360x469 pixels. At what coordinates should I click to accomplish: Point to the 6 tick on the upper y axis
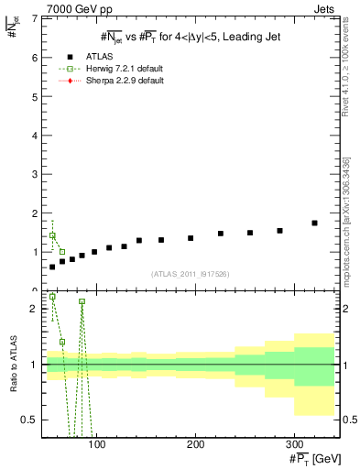tap(35, 58)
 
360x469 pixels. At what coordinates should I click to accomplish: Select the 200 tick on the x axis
tap(195, 444)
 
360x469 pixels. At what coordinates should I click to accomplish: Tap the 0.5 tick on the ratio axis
tap(30, 420)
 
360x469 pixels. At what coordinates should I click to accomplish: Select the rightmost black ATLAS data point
tap(314, 223)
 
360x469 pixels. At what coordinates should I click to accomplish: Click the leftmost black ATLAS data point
tap(52, 267)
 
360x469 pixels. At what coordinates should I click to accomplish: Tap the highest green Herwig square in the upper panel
tap(52, 235)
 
